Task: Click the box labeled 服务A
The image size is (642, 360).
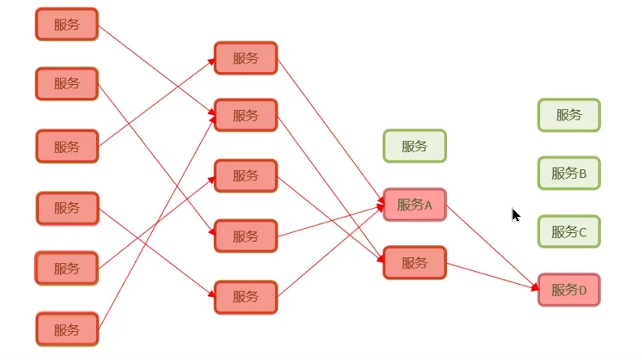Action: click(415, 205)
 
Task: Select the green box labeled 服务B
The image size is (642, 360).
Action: click(568, 173)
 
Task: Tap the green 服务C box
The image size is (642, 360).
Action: click(568, 231)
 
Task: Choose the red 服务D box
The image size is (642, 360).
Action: click(568, 290)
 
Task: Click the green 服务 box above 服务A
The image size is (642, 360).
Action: click(415, 146)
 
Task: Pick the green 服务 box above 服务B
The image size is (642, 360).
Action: click(568, 115)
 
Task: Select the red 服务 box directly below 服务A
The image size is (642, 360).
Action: click(415, 263)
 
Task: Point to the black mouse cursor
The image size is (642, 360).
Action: click(516, 215)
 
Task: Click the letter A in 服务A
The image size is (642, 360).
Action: click(429, 205)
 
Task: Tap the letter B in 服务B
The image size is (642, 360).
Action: click(583, 173)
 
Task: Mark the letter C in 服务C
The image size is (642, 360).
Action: click(583, 232)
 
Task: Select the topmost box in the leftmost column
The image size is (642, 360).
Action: click(66, 24)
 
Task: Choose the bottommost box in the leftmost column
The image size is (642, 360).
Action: click(66, 329)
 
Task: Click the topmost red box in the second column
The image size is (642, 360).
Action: click(245, 58)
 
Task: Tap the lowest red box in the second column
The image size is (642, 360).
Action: click(245, 297)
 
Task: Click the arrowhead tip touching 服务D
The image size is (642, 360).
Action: click(538, 286)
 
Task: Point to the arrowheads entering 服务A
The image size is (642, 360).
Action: click(380, 205)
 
